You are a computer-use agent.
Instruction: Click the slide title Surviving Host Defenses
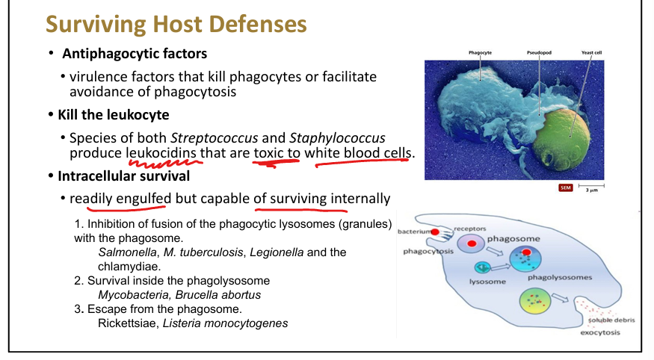(x=176, y=24)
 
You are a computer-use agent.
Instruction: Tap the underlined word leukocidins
(x=161, y=153)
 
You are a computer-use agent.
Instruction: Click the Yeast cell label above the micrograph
(x=592, y=53)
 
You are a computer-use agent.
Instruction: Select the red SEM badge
(x=565, y=187)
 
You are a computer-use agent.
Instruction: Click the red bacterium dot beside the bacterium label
(x=435, y=232)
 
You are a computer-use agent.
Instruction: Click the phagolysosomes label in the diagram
(x=560, y=277)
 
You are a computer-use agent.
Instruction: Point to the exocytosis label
(x=600, y=332)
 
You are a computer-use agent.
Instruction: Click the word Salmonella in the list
(x=125, y=252)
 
